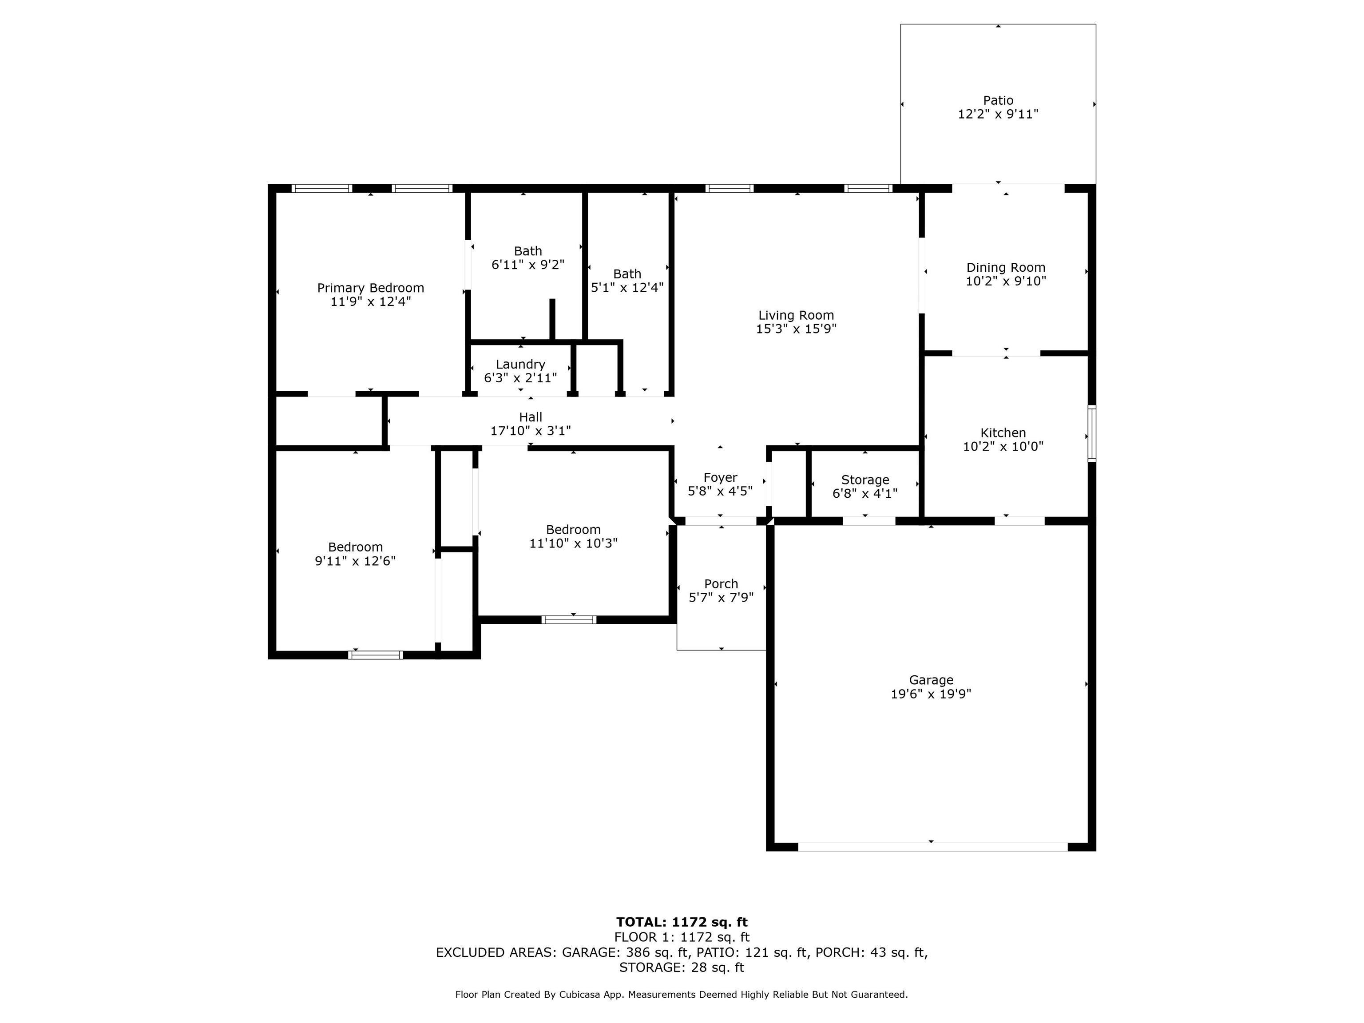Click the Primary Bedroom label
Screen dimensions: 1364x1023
pos(371,288)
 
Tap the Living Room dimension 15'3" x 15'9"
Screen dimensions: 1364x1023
pos(796,329)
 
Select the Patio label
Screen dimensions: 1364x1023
pos(998,100)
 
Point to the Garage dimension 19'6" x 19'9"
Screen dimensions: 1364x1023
pos(931,694)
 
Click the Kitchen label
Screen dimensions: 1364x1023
pos(1003,433)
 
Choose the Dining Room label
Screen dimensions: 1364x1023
pos(1006,268)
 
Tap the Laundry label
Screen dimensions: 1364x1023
pos(520,365)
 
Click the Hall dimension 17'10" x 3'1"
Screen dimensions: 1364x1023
pos(530,431)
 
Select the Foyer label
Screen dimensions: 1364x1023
pos(720,478)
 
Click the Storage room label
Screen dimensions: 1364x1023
pos(865,480)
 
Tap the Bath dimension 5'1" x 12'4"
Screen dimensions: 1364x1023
pos(627,287)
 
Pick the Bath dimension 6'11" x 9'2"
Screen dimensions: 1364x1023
pos(528,265)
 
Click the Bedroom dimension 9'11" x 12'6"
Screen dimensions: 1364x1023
pos(355,560)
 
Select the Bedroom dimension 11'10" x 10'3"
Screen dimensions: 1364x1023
pos(574,543)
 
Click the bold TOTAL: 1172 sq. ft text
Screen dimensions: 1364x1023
pos(682,922)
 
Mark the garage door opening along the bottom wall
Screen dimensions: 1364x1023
pos(933,847)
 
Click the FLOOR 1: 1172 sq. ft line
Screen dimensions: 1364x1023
pos(682,937)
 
